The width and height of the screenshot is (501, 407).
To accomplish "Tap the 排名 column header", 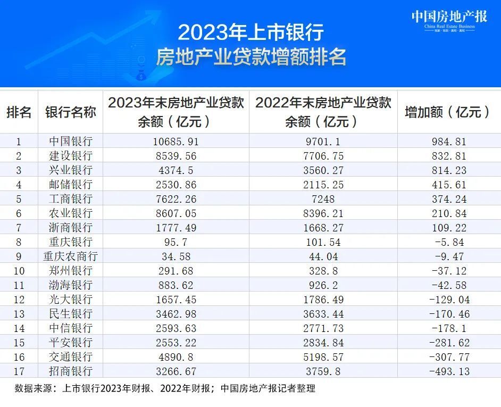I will click(19, 112).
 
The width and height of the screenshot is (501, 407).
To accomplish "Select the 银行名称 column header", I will click(71, 112).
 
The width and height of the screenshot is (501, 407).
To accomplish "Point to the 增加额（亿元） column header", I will click(448, 112).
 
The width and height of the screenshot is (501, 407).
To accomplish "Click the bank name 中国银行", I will click(71, 142).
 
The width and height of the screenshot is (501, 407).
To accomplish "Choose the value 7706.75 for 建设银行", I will click(323, 156).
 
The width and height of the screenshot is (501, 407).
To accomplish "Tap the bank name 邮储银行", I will click(71, 185).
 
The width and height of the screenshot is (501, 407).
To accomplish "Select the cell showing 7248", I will click(323, 199).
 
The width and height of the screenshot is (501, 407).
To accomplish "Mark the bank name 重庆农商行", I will click(71, 256).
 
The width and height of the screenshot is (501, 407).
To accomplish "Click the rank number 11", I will click(19, 285).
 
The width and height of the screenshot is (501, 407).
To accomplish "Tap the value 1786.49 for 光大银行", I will click(323, 300).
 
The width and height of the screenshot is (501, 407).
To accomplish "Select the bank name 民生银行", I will click(71, 314).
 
